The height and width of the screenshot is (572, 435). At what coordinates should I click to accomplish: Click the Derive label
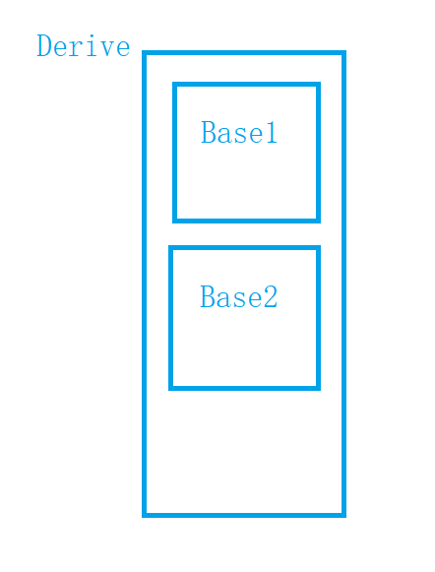tap(83, 45)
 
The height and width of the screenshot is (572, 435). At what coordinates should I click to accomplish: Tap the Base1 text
tap(239, 132)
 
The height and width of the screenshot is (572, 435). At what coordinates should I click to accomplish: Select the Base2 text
tap(239, 296)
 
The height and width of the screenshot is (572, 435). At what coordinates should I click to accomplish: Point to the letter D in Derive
tap(43, 45)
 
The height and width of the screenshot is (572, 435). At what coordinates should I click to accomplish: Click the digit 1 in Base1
tap(272, 132)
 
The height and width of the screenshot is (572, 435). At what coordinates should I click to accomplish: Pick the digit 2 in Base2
tap(271, 296)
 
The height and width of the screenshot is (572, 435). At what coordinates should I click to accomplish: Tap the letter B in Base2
tap(207, 296)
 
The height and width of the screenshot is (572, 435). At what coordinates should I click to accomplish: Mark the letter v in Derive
tap(107, 49)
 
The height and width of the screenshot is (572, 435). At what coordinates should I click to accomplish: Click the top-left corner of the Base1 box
tap(174, 85)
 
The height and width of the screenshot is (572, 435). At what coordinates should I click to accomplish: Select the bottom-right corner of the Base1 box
tap(318, 221)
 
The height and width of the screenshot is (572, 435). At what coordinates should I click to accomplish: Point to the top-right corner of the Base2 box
tap(318, 248)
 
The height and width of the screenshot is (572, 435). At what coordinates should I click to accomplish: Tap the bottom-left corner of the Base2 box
tap(170, 388)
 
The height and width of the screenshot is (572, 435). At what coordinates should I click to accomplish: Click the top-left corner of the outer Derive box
tap(144, 53)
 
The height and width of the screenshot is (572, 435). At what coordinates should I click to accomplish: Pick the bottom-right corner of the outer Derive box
tap(343, 515)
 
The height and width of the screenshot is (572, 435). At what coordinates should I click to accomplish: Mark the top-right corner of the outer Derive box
tap(343, 53)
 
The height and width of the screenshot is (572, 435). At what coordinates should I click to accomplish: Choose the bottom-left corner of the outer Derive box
tap(144, 515)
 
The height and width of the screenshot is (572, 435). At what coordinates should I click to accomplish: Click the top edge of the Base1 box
tap(246, 85)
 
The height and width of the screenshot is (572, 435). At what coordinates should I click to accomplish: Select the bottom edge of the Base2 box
tap(244, 388)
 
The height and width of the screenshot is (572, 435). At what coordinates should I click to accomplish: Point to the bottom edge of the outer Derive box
tap(244, 515)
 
